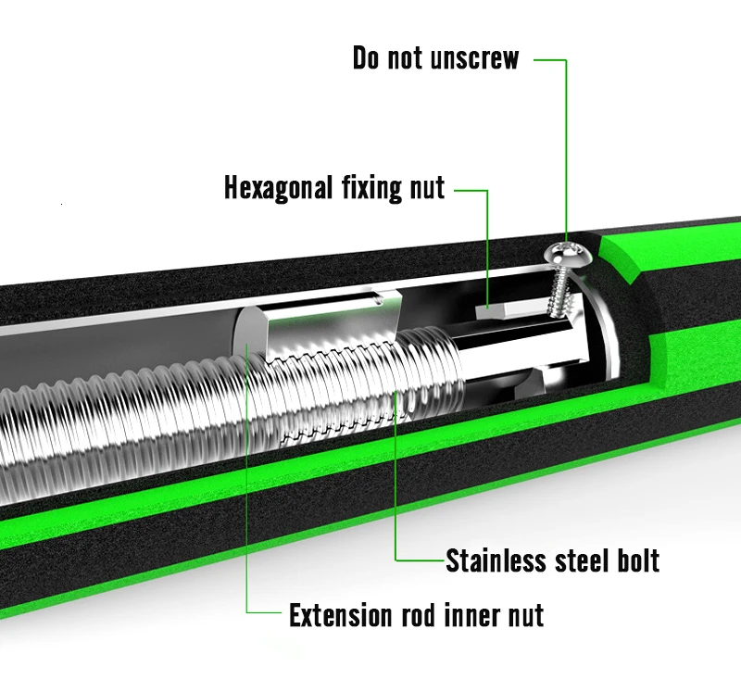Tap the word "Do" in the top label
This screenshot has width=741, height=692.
(x=367, y=58)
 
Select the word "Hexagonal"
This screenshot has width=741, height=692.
(x=278, y=188)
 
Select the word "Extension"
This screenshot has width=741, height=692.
(x=339, y=614)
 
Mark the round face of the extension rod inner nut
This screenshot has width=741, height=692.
(x=248, y=343)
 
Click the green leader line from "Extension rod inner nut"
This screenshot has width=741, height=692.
(x=247, y=519)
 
